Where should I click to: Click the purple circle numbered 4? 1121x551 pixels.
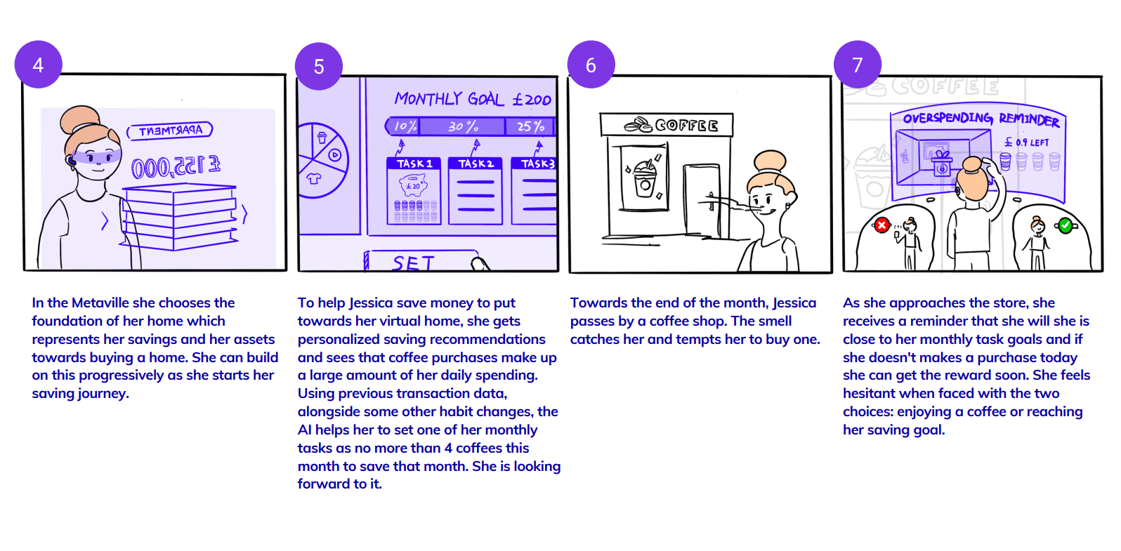(x=39, y=65)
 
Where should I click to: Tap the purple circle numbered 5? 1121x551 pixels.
(x=319, y=67)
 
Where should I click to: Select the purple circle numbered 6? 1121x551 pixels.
(x=591, y=65)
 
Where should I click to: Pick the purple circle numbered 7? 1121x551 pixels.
(x=858, y=65)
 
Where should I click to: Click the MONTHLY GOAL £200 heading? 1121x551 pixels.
(x=473, y=99)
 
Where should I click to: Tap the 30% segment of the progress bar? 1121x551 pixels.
(x=462, y=126)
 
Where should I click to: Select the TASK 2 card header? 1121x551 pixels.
(x=476, y=164)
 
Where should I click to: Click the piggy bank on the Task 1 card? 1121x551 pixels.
(x=413, y=185)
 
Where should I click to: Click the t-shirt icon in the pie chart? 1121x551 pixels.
(x=314, y=178)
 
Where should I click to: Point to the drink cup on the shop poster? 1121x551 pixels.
(x=645, y=179)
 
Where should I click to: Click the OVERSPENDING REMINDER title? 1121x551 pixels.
(x=981, y=119)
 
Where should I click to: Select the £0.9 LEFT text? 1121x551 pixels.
(x=1026, y=142)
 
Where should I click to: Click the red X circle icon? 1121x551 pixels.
(x=881, y=225)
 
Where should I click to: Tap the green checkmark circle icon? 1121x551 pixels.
(x=1066, y=226)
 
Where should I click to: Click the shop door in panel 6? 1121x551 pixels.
(x=702, y=200)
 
